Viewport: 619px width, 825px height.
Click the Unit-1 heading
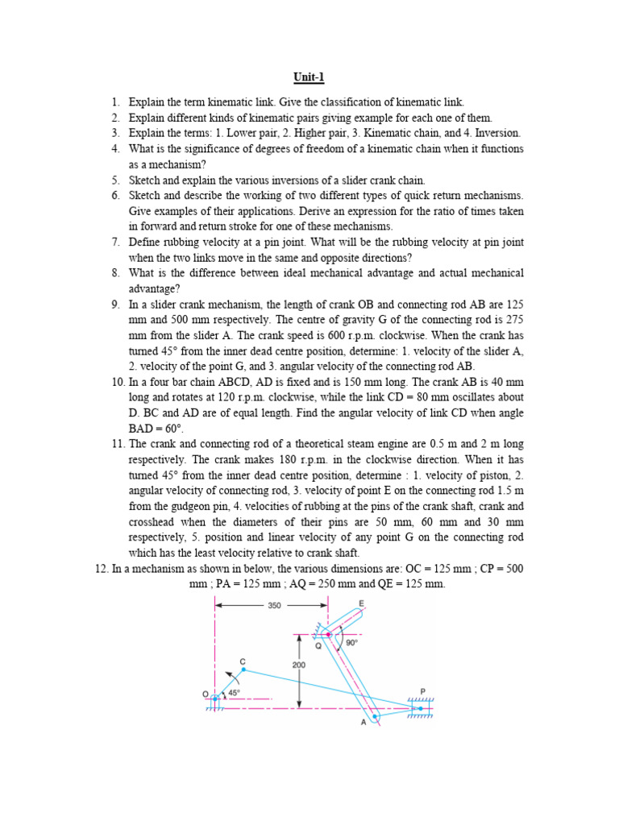pyautogui.click(x=309, y=77)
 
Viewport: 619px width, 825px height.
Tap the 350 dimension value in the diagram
pyautogui.click(x=274, y=605)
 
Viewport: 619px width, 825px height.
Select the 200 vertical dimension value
pyautogui.click(x=300, y=665)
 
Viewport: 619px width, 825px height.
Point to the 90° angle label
pyautogui.click(x=351, y=643)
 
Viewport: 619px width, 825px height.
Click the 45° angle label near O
pyautogui.click(x=234, y=692)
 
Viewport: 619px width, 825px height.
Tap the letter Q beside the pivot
pyautogui.click(x=318, y=645)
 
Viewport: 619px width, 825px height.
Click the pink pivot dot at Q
pyautogui.click(x=328, y=635)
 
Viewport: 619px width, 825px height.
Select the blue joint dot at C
pyautogui.click(x=243, y=670)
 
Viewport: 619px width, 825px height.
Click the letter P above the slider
pyautogui.click(x=422, y=690)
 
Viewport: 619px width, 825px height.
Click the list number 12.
pyautogui.click(x=102, y=568)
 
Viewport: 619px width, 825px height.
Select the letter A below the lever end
pyautogui.click(x=364, y=723)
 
